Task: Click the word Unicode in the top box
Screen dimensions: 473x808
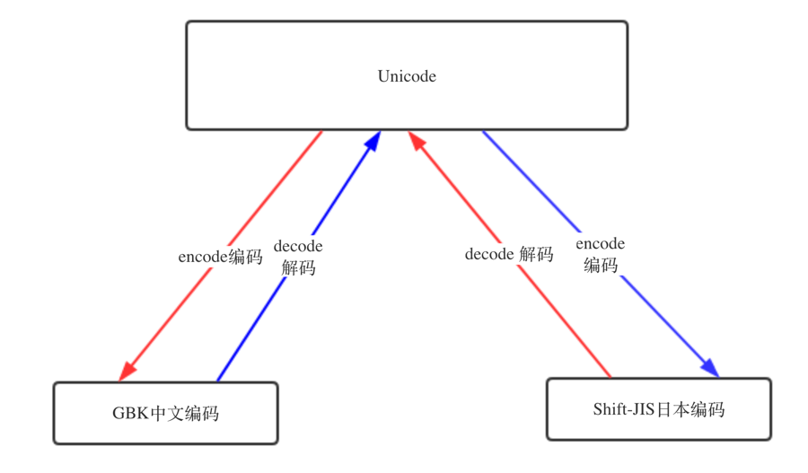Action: pyautogui.click(x=407, y=76)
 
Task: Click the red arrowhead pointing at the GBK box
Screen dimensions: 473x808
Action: pyautogui.click(x=127, y=369)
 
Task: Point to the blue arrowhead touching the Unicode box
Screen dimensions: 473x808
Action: pyautogui.click(x=373, y=142)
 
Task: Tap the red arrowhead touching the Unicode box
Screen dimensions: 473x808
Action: pyautogui.click(x=417, y=142)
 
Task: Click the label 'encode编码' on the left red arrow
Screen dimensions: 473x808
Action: pyautogui.click(x=220, y=257)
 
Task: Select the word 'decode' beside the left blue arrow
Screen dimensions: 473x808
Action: pyautogui.click(x=298, y=246)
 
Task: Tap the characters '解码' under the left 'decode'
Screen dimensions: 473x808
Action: pyautogui.click(x=298, y=267)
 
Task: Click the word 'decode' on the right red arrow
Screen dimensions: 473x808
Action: pyautogui.click(x=489, y=254)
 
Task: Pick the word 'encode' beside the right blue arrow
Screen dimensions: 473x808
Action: pyautogui.click(x=600, y=243)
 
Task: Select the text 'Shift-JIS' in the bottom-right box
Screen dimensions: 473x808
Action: pyautogui.click(x=624, y=409)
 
